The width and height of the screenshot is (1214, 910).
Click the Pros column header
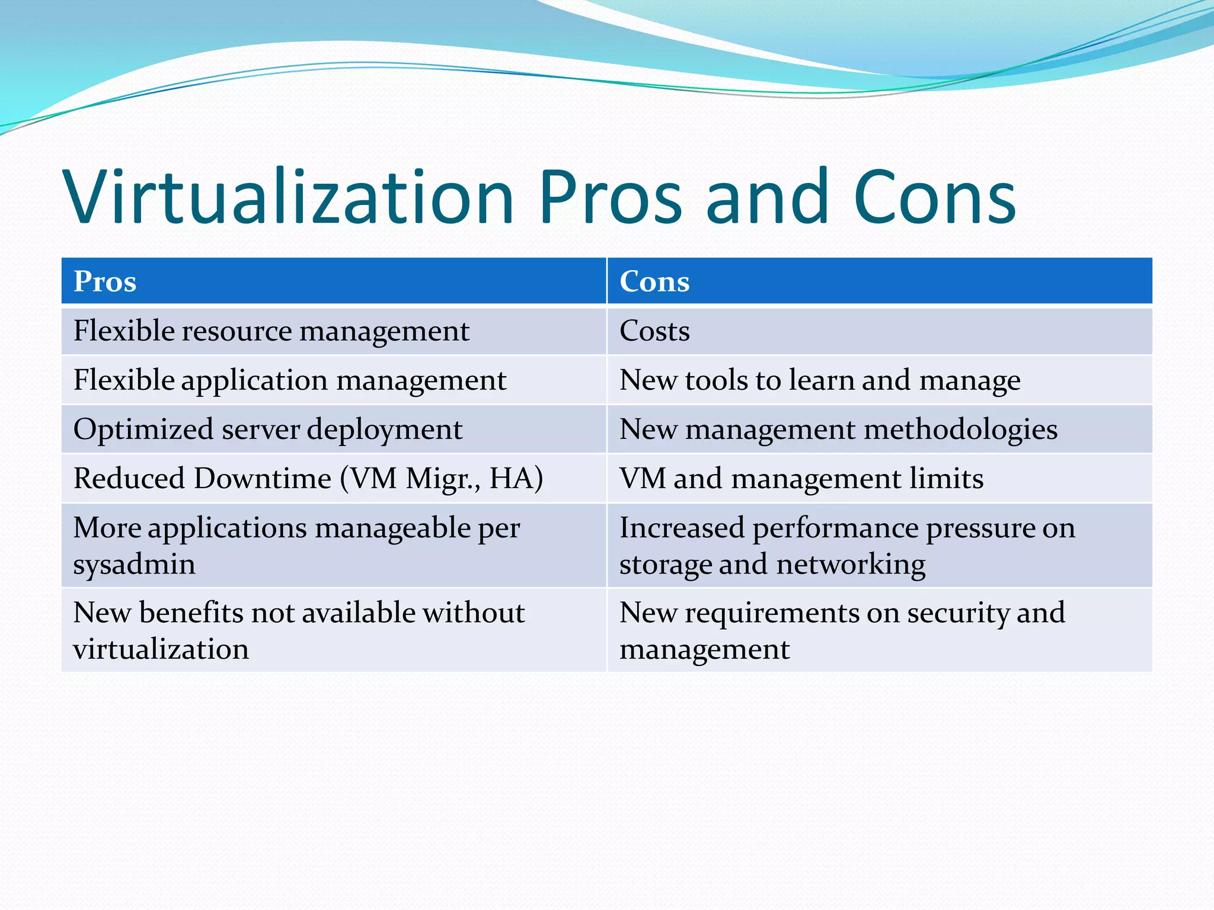(x=105, y=281)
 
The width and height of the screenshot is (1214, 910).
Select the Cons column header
(x=654, y=281)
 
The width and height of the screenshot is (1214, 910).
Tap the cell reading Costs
(x=654, y=331)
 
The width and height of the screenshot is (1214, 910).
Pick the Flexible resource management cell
(x=271, y=331)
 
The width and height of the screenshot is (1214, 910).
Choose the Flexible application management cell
(x=290, y=380)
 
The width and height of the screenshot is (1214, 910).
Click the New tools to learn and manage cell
(x=820, y=380)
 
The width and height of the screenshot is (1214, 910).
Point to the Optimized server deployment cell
(x=268, y=429)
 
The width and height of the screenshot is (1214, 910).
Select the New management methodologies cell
(x=838, y=429)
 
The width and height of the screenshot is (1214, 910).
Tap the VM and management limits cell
(x=801, y=478)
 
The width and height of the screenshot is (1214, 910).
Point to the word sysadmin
(x=135, y=564)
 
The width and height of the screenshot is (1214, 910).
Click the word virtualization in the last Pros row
(x=161, y=649)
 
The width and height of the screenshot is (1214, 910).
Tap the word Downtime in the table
(x=263, y=478)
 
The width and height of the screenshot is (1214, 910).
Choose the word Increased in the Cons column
(x=682, y=527)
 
